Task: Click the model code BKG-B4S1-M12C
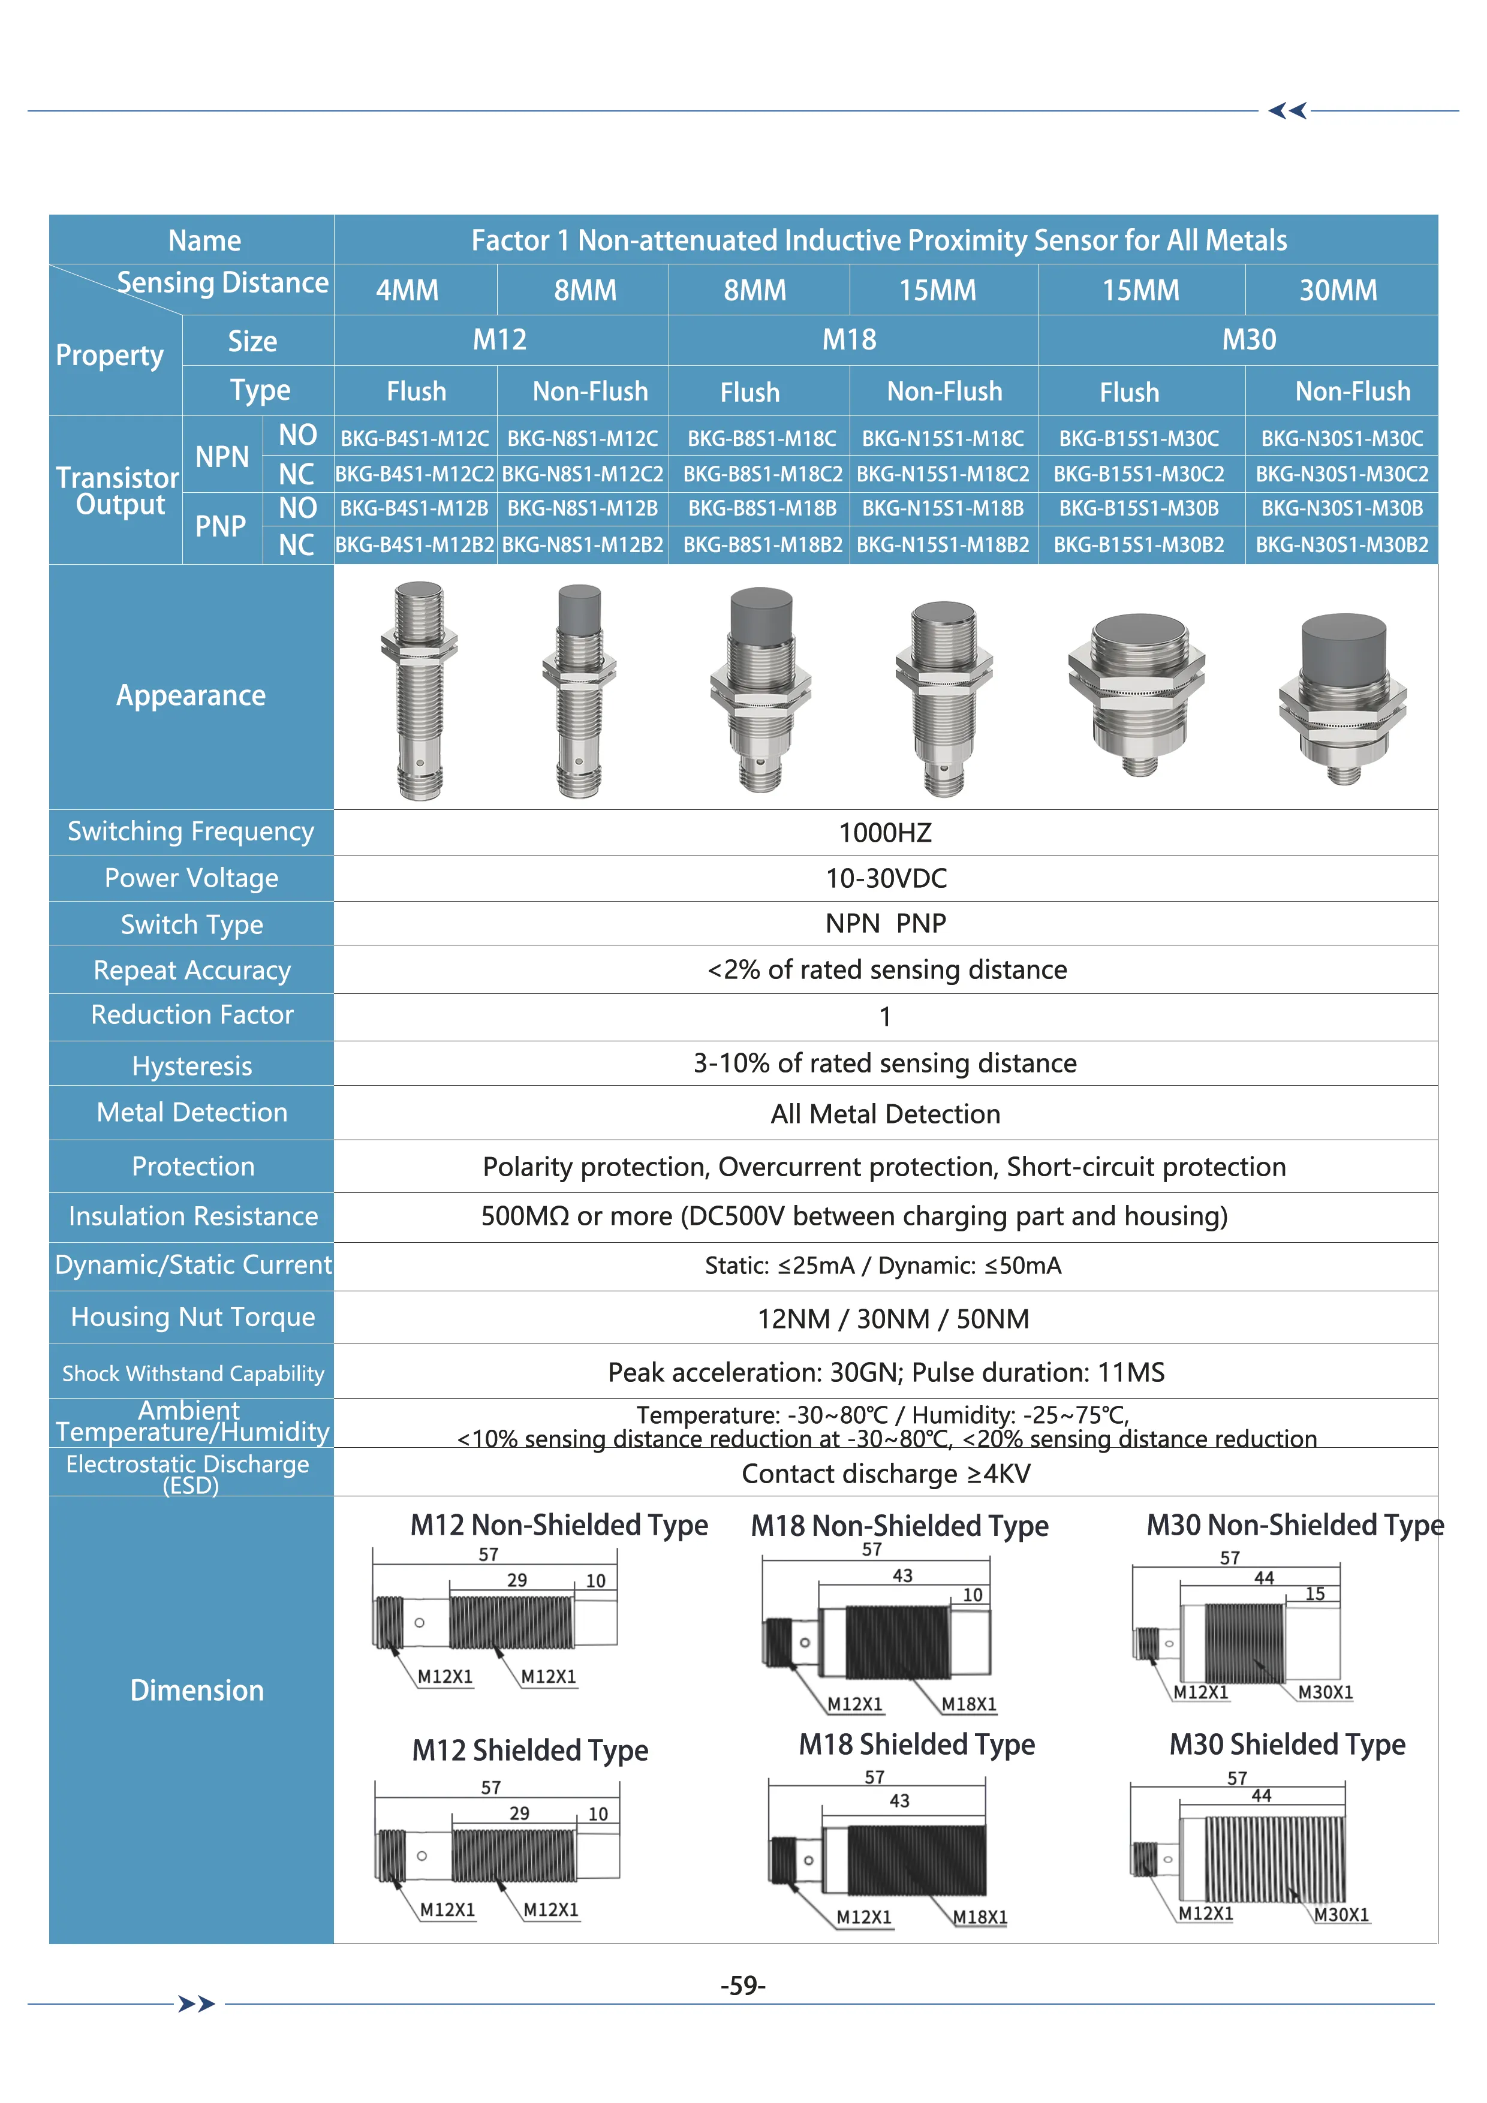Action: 414,439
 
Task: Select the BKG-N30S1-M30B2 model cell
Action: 1341,545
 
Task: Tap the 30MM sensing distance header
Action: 1338,290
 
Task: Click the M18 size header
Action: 848,340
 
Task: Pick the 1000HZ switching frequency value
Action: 885,833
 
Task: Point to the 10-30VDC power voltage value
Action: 885,878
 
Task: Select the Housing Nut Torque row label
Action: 192,1317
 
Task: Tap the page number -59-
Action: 742,1986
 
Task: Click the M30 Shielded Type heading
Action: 1286,1744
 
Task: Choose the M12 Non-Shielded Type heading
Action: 559,1525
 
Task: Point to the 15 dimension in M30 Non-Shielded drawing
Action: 1315,1594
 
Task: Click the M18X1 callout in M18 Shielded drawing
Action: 979,1917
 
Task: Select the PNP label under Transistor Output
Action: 221,527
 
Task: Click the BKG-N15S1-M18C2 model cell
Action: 943,474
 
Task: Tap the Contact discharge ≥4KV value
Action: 885,1474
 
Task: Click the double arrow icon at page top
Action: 1287,111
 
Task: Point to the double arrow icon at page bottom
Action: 196,2004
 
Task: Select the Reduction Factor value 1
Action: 885,1017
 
